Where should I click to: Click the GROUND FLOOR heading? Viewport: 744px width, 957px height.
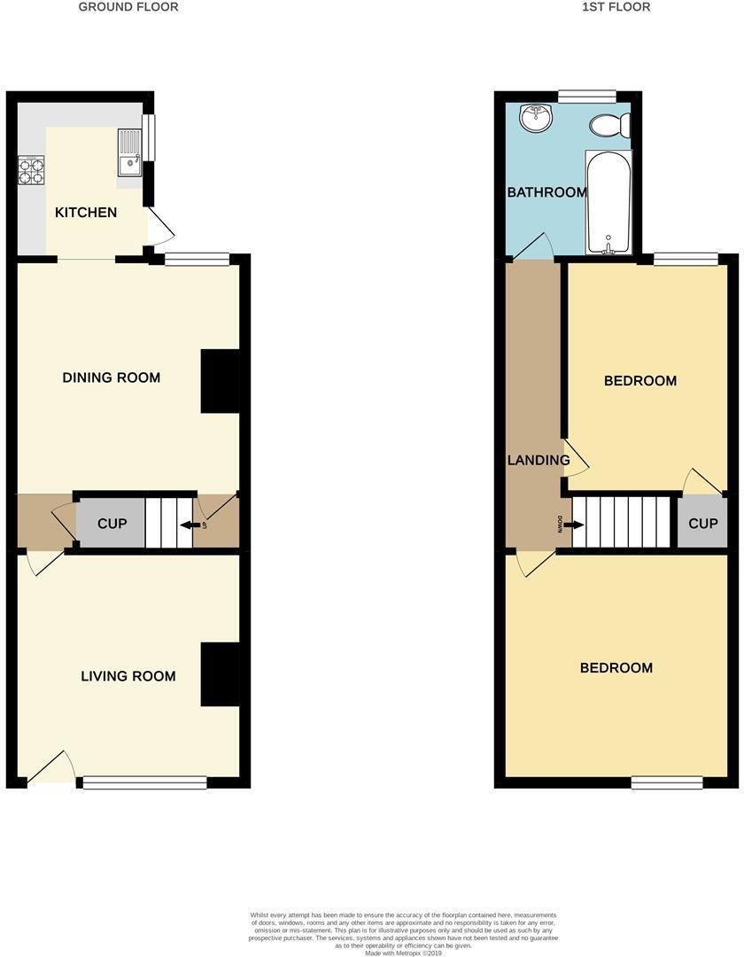pos(128,7)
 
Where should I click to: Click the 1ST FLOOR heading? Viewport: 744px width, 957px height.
pos(616,7)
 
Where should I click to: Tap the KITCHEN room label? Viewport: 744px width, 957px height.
pos(86,213)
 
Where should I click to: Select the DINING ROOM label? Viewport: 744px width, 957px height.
pos(112,377)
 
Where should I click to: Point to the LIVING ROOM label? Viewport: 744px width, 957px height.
pos(128,676)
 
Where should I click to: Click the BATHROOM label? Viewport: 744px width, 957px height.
pos(546,192)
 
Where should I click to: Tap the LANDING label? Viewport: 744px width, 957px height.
pos(538,460)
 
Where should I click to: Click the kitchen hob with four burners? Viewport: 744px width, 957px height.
pos(31,169)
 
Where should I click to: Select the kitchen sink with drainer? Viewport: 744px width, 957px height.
pos(129,152)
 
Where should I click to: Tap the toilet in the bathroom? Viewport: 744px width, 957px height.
pos(610,126)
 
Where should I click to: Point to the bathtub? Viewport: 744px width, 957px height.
pos(608,202)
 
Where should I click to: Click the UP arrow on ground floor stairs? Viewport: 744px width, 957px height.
pos(188,525)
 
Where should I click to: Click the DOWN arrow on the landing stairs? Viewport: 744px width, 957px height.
pos(573,525)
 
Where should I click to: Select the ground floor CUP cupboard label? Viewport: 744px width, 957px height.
pos(112,524)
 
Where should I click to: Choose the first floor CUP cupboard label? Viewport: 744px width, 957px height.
pos(702,524)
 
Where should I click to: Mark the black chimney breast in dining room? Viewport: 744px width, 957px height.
pos(220,381)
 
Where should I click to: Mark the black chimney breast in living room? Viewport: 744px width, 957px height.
pos(220,674)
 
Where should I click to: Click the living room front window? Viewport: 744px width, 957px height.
pos(145,782)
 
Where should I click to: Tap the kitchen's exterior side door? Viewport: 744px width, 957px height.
pos(161,227)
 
